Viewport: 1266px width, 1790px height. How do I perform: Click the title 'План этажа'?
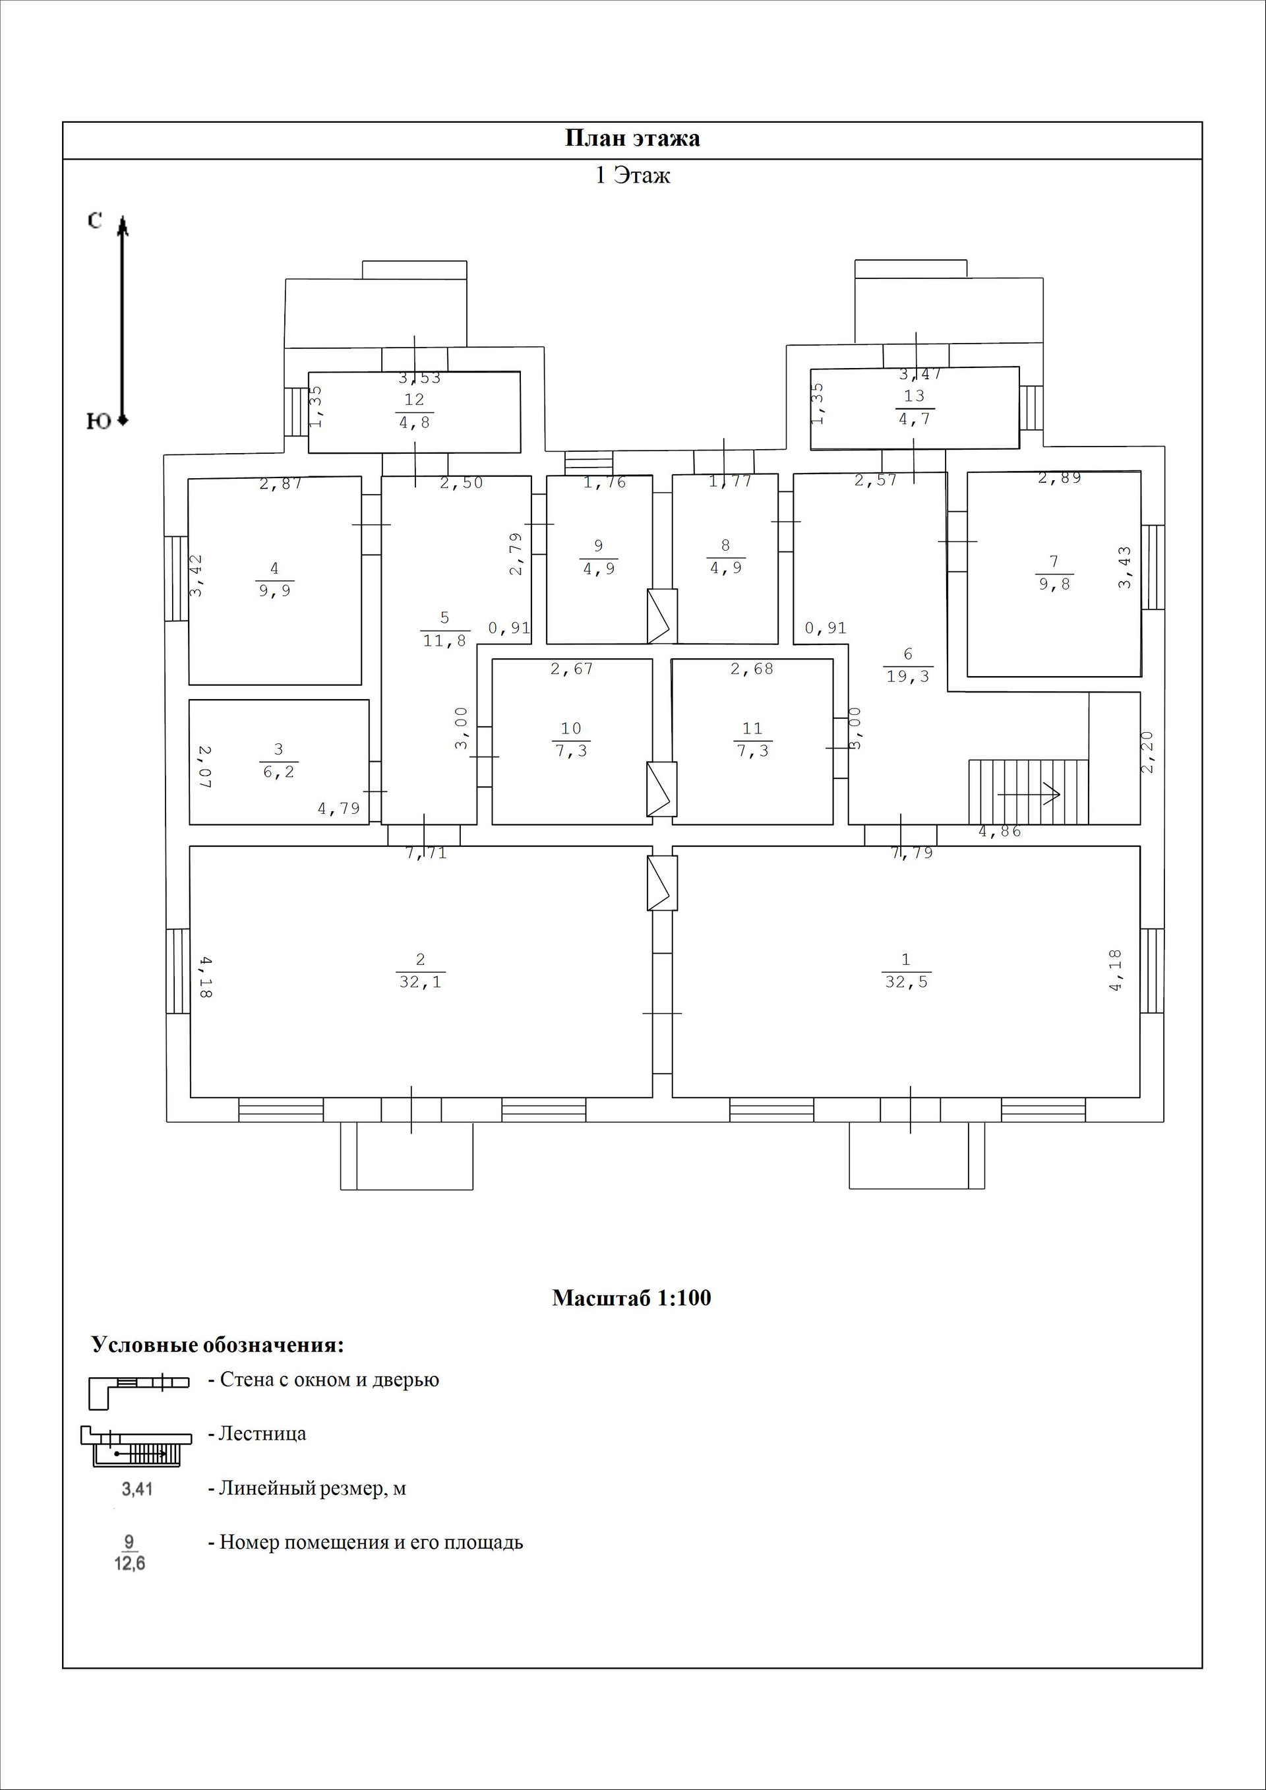(632, 139)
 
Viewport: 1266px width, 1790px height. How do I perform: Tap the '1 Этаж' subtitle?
(632, 175)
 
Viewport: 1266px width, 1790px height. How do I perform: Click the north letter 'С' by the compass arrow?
(94, 222)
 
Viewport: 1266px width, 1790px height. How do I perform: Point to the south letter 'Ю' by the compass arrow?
(98, 421)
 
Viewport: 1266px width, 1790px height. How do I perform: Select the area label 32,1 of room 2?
(420, 982)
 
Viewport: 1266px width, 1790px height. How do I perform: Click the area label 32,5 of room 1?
(907, 982)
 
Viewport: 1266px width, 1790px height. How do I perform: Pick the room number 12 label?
(414, 399)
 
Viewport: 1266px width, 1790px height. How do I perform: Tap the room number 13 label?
(915, 395)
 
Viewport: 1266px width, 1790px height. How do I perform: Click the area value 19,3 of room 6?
(908, 677)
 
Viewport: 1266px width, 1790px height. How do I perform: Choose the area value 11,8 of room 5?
(444, 641)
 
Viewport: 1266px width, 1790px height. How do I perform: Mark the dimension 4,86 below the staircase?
(1000, 831)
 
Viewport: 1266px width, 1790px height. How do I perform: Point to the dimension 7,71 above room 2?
(427, 853)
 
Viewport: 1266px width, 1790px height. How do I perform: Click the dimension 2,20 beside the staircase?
(1146, 752)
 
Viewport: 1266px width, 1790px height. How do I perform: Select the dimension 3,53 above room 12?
(420, 378)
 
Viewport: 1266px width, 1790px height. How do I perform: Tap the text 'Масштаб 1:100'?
(632, 1298)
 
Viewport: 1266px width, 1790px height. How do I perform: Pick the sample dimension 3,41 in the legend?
(137, 1489)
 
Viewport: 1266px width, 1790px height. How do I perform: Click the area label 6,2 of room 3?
(278, 772)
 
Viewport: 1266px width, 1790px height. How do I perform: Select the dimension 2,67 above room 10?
(572, 668)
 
